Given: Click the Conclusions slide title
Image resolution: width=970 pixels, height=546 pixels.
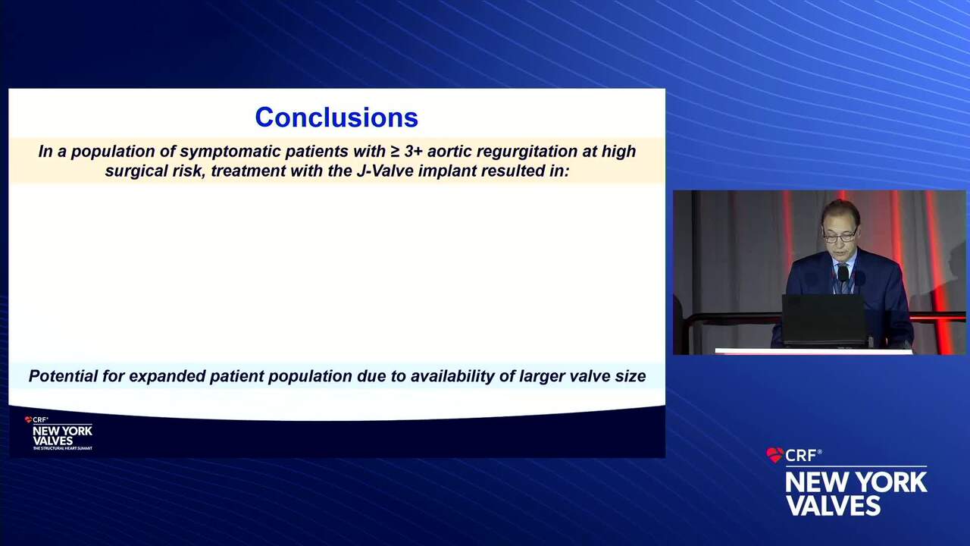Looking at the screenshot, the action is pos(336,118).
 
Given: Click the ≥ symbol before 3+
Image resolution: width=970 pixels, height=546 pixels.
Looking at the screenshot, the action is pos(394,152).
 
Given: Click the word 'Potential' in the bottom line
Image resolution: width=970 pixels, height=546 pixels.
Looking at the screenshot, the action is pos(63,376).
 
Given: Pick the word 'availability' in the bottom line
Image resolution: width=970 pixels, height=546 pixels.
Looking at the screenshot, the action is pos(452,377).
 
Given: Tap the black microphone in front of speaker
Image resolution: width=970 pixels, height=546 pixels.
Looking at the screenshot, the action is pos(843,275).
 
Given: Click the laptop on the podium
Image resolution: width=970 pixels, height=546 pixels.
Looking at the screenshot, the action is pos(824,320).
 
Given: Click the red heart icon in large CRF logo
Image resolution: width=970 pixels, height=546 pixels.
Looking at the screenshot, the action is pos(774,455).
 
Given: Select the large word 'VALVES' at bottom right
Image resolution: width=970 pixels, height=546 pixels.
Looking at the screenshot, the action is pos(833,505).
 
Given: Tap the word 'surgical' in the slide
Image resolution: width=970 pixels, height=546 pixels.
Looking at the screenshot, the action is pos(135,171).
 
